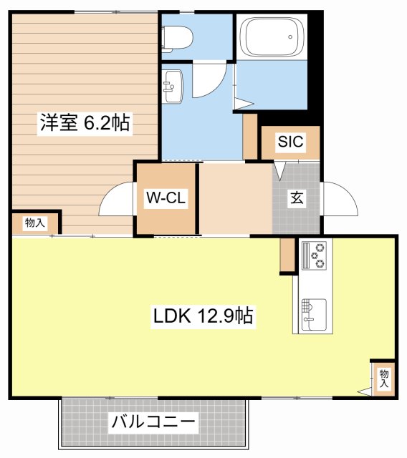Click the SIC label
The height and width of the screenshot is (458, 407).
point(290,142)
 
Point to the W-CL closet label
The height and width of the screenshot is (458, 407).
point(166,198)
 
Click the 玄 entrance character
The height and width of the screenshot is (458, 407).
point(296,199)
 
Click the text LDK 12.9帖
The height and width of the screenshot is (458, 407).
point(201,316)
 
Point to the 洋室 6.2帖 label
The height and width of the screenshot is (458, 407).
point(85,123)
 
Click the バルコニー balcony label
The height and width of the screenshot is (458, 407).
point(153,423)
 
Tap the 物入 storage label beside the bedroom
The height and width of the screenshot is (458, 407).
point(34,223)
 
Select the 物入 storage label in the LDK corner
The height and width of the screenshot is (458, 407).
point(383,378)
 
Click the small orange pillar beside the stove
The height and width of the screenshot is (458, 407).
point(287,254)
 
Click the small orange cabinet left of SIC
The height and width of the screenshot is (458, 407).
point(250,136)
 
